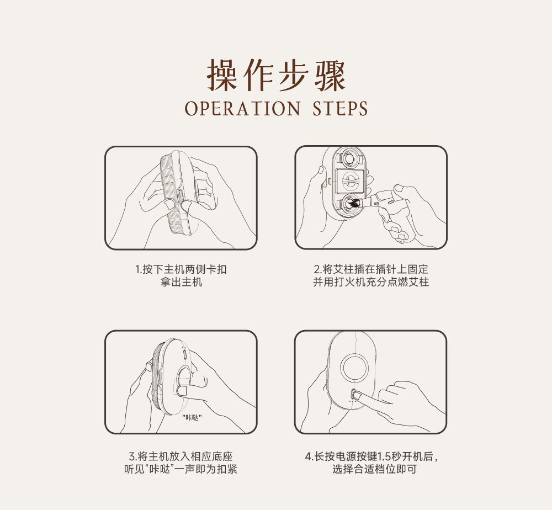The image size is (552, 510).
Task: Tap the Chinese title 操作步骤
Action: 276,75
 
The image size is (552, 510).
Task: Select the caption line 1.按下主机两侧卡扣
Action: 181,269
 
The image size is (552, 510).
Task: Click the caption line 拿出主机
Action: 181,282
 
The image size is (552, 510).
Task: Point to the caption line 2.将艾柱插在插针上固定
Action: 371,269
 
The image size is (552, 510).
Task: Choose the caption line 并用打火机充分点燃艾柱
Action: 371,282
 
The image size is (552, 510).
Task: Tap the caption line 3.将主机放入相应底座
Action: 181,456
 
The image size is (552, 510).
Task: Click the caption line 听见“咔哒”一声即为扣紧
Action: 181,469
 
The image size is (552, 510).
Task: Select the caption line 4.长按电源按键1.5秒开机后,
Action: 371,456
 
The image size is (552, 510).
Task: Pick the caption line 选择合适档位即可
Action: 375,469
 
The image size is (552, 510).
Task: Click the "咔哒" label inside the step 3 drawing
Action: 192,418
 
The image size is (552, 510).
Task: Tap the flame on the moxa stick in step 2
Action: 353,204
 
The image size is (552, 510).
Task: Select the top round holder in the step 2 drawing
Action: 349,159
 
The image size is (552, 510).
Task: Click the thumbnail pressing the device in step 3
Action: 182,390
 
